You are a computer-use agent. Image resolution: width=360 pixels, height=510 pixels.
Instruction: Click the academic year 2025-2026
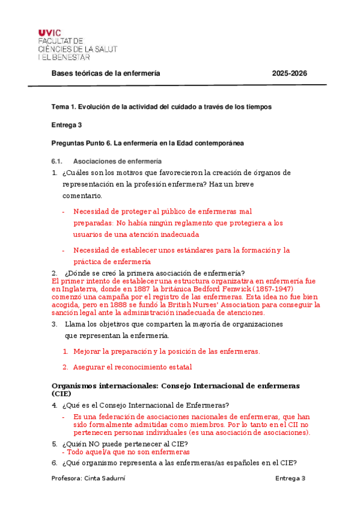[289, 73]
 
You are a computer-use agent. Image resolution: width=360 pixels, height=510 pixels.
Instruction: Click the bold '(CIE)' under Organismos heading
[61, 393]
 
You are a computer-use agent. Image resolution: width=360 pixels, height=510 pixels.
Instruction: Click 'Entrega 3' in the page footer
[291, 478]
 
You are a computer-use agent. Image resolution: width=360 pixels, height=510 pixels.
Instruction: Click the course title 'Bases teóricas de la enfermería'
[106, 73]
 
